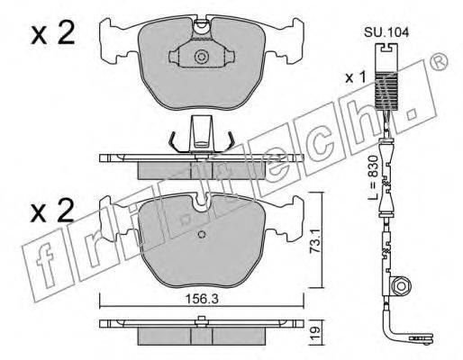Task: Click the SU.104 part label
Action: (x=386, y=32)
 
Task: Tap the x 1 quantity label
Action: (x=355, y=78)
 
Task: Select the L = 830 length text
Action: (x=372, y=177)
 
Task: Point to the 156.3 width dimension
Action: (x=201, y=299)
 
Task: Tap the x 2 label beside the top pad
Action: (x=53, y=34)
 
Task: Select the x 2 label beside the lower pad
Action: (x=53, y=211)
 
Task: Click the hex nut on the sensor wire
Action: (x=401, y=285)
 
